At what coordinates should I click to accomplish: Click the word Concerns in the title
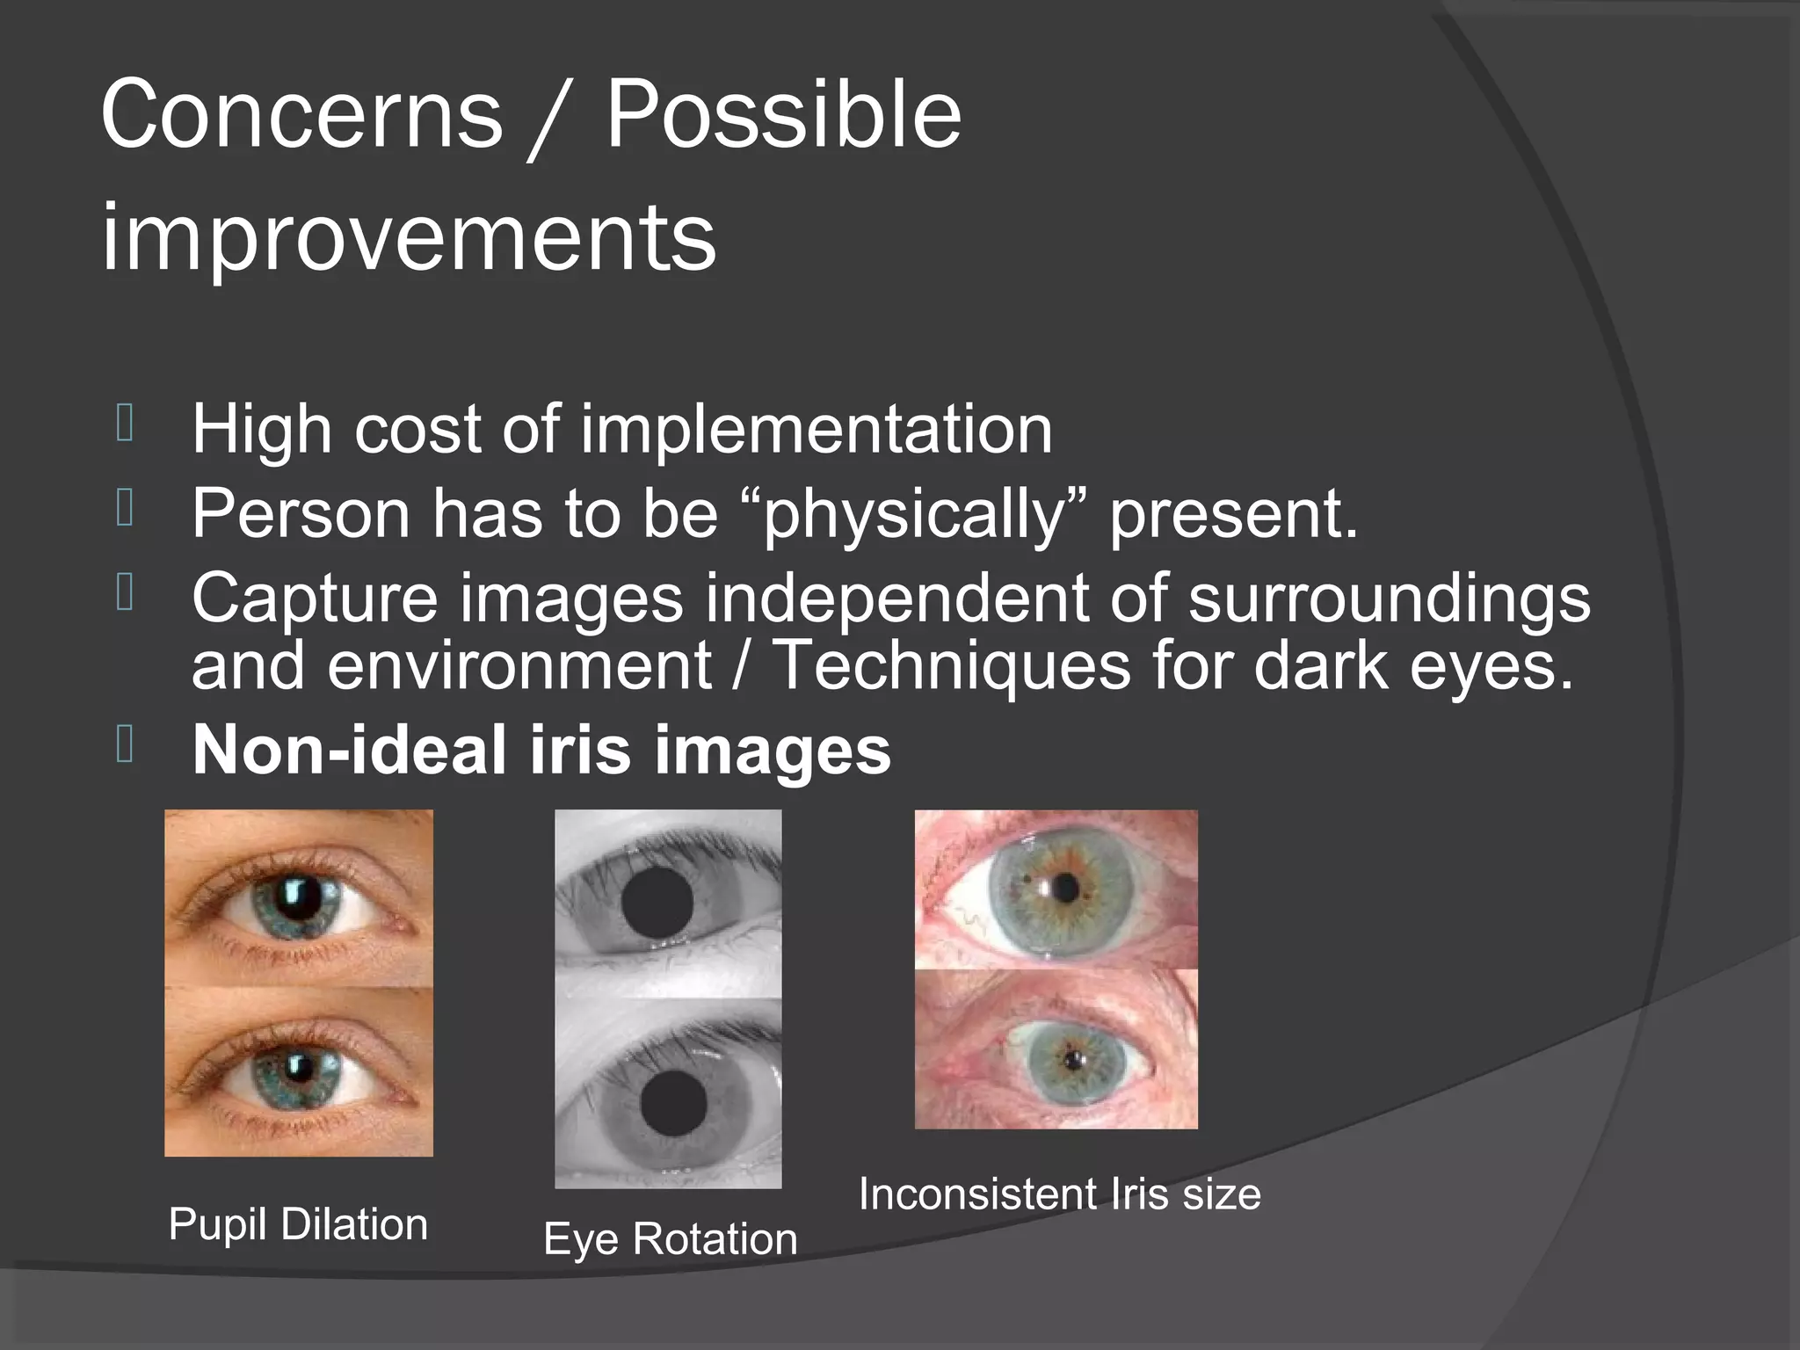(x=301, y=114)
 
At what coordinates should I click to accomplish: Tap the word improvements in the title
(x=409, y=237)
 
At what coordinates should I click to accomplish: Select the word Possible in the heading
(x=783, y=114)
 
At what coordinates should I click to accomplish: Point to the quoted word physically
(x=914, y=514)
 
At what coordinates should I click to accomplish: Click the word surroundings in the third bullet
(x=1389, y=599)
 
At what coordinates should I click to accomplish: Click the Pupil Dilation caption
(x=298, y=1224)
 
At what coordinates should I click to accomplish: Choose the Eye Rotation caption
(x=670, y=1239)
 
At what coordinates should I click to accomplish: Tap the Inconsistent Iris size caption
(x=1059, y=1194)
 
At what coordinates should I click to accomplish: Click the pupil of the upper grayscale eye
(x=657, y=903)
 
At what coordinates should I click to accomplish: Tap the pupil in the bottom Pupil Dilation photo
(x=297, y=1066)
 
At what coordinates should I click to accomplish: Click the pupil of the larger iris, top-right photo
(x=1065, y=889)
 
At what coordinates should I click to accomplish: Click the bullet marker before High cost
(x=124, y=423)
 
